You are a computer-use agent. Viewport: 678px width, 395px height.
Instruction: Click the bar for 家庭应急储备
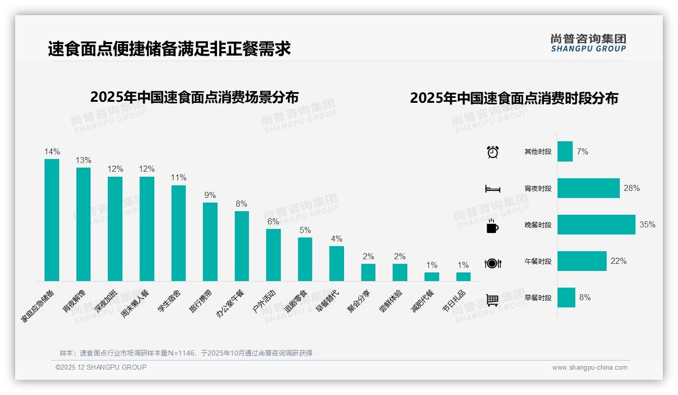pos(52,220)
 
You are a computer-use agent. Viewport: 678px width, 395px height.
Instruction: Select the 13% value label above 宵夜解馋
pos(83,161)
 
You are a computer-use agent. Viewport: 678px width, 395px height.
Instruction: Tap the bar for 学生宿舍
pos(179,233)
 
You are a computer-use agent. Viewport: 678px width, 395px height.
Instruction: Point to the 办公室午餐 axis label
pos(231,303)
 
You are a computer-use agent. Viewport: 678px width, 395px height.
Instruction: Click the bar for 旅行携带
pos(210,242)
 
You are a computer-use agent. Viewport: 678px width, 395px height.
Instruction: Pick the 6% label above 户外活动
pos(273,222)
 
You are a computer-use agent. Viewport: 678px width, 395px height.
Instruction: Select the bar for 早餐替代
pos(336,263)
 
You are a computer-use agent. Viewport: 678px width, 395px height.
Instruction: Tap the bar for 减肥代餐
pos(432,276)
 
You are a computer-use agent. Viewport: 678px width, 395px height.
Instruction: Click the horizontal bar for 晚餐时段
pos(596,225)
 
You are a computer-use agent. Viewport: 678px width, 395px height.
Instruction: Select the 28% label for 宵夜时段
pos(631,188)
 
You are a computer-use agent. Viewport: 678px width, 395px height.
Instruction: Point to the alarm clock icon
pos(493,152)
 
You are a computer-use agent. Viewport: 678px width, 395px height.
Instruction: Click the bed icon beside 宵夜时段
pos(493,189)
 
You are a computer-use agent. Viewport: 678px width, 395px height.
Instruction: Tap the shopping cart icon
pos(492,300)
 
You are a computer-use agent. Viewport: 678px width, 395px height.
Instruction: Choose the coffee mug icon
pos(492,226)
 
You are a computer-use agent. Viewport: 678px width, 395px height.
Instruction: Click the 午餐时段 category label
pos(538,262)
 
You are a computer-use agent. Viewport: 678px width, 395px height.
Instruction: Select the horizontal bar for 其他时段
pos(565,152)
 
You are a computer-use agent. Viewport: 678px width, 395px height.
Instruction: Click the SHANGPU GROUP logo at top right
pos(588,43)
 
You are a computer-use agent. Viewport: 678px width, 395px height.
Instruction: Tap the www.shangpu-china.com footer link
pos(589,368)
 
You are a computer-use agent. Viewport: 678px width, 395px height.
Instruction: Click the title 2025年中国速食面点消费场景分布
pos(194,97)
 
